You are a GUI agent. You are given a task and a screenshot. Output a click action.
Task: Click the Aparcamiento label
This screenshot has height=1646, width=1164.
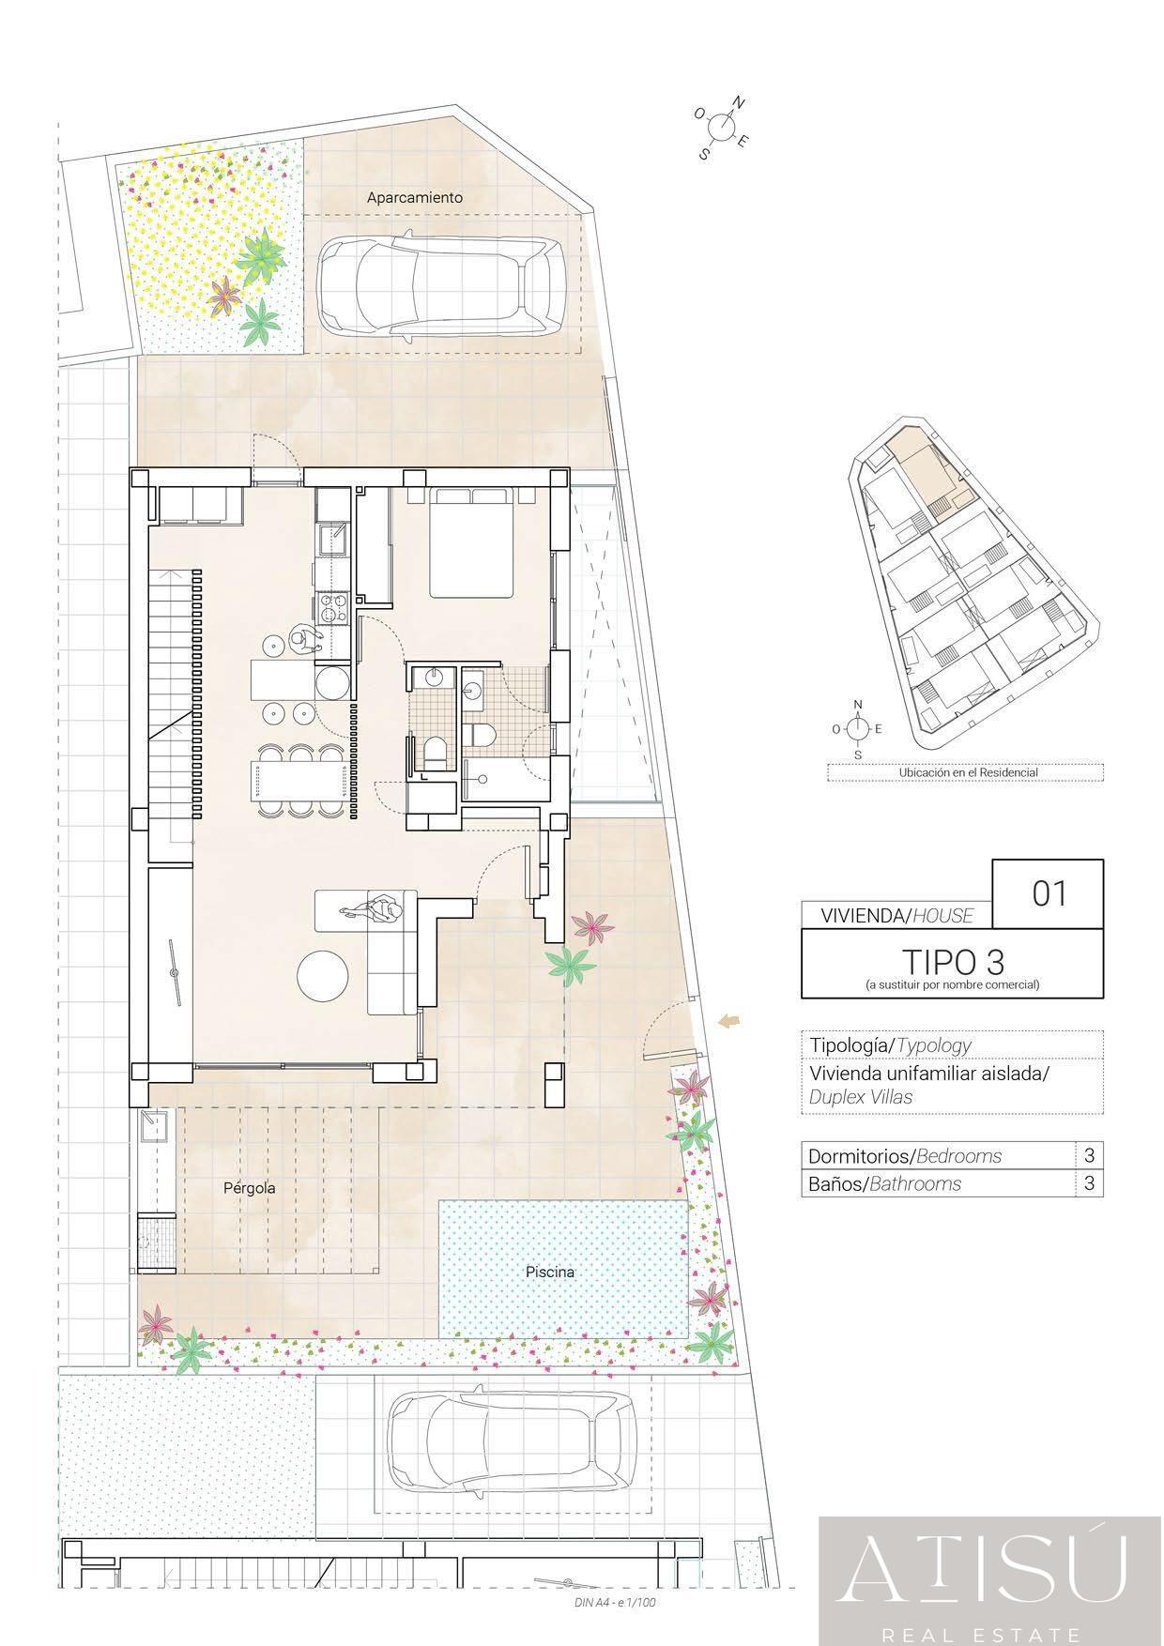(x=415, y=198)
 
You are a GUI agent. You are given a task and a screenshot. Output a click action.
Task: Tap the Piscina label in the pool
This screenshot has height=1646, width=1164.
(x=550, y=1272)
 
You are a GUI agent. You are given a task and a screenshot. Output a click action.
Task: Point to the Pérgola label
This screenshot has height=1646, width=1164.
(x=250, y=1188)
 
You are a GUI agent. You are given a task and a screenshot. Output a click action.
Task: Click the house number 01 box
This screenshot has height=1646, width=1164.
(x=1049, y=893)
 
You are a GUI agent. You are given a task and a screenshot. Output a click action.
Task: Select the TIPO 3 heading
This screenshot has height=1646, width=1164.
(x=953, y=961)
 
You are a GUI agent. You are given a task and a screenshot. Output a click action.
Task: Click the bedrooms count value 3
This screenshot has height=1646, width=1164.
(x=1089, y=1155)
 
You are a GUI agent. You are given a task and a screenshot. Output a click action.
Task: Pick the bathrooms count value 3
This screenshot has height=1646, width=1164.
(x=1089, y=1183)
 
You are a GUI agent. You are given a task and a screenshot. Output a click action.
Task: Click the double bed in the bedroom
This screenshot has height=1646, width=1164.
(x=472, y=542)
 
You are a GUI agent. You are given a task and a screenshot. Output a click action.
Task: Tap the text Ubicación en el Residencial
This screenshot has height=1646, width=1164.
(x=968, y=772)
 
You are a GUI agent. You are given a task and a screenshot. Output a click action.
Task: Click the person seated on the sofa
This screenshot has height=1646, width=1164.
(x=374, y=909)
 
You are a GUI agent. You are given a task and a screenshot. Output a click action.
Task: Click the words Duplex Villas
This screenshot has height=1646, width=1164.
(x=861, y=1096)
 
